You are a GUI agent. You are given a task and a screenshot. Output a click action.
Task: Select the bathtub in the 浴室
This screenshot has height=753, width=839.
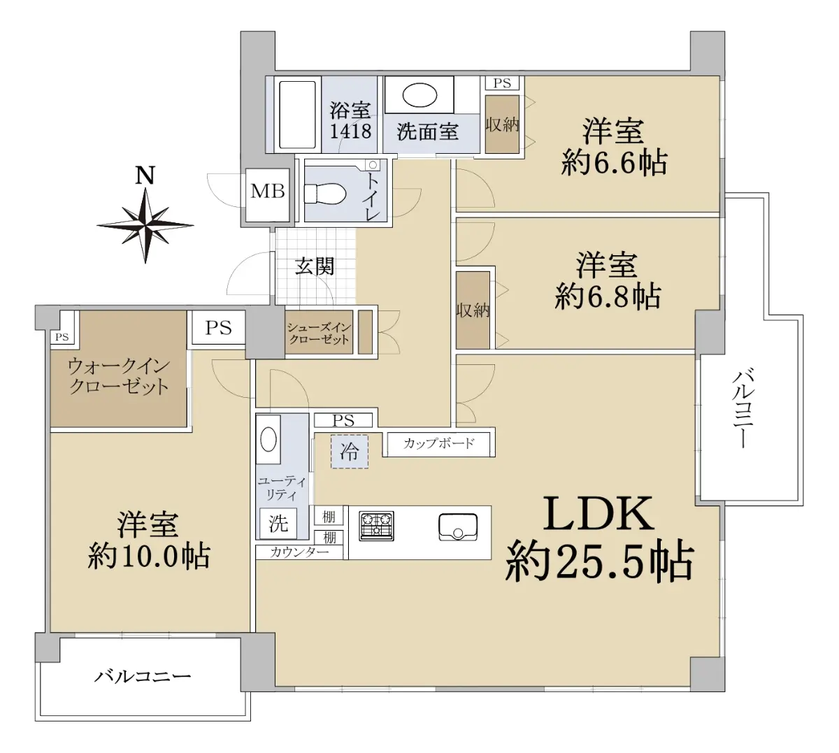click(x=297, y=115)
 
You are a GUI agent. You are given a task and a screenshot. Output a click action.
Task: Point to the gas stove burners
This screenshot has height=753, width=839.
click(x=376, y=526)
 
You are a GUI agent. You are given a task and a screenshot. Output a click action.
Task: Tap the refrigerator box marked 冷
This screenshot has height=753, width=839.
click(x=349, y=452)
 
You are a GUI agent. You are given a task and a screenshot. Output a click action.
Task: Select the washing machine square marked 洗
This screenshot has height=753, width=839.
click(x=278, y=523)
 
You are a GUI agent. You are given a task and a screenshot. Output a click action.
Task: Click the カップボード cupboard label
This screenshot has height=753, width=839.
click(x=438, y=443)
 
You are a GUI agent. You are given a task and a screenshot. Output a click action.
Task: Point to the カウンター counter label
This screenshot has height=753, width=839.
click(x=299, y=552)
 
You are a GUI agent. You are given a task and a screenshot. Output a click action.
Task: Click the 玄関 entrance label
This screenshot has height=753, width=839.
click(x=315, y=267)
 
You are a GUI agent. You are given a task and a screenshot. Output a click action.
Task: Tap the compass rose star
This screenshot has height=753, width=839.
click(x=145, y=226)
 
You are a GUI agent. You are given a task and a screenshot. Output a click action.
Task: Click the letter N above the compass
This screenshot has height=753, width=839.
click(x=145, y=175)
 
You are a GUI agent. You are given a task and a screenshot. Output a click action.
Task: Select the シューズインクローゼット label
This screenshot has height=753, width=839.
click(x=319, y=334)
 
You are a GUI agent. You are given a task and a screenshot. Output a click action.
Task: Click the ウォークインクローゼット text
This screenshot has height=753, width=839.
click(x=119, y=376)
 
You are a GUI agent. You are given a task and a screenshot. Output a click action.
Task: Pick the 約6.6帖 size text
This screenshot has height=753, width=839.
click(x=614, y=162)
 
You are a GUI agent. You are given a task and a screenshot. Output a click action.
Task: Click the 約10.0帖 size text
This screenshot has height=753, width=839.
click(x=149, y=556)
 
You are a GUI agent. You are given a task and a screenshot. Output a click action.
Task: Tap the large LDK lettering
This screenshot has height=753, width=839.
click(x=598, y=514)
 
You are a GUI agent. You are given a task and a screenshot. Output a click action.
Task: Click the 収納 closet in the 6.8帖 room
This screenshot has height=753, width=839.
click(x=473, y=310)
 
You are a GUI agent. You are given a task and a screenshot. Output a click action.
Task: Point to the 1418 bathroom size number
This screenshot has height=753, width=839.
click(x=350, y=131)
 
